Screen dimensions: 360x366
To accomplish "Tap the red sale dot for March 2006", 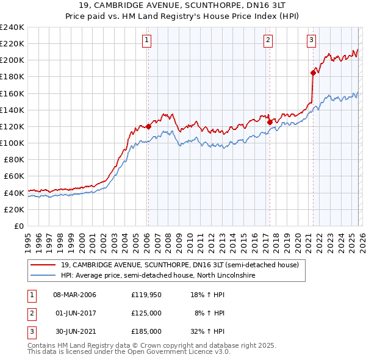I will click(148, 127).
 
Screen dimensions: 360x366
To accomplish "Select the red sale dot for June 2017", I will click(269, 122).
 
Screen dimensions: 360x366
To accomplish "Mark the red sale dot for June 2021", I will click(313, 73).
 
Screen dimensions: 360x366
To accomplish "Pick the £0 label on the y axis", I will click(20, 226).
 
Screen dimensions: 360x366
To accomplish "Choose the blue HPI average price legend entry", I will click(157, 276).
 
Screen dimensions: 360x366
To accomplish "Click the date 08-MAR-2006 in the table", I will click(74, 295).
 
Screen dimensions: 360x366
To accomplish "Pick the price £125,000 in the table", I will click(146, 313).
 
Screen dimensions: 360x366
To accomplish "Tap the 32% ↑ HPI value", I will click(209, 331).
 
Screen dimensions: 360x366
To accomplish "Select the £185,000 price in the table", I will click(146, 331).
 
